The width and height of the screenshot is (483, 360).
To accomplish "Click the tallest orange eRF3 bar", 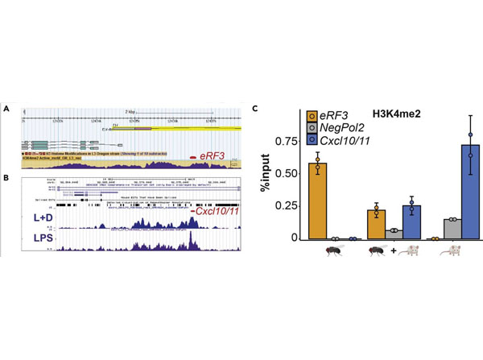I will tap(319, 201).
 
